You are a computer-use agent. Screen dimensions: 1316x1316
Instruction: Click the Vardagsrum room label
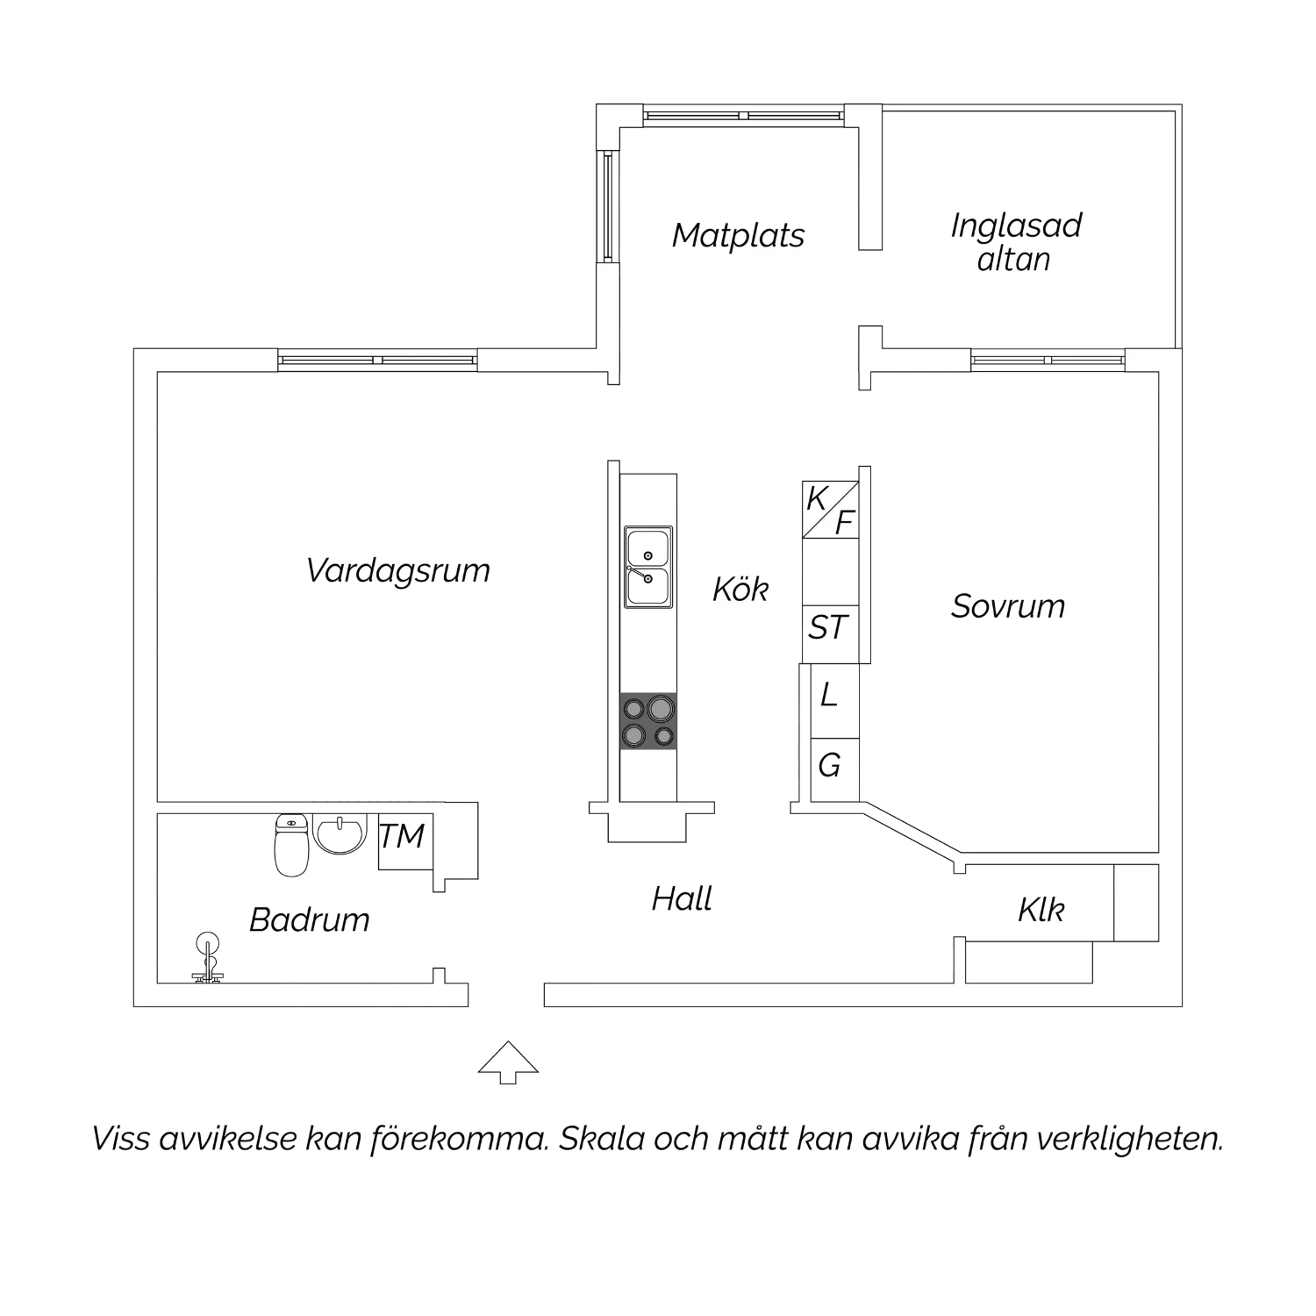pos(397,571)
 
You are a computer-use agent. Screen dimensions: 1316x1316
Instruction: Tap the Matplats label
pos(738,236)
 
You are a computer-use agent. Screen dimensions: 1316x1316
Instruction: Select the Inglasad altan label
pos(1016,242)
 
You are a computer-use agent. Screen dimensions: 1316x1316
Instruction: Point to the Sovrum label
pos(1008,606)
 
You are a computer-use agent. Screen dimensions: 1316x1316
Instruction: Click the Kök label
pos(740,589)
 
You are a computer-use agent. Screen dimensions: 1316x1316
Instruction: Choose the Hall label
pos(682,899)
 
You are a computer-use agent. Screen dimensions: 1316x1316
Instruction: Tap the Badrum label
pos(310,920)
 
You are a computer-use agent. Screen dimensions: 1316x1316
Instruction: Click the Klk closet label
pos(1041,910)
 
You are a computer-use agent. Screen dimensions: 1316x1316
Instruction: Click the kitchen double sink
pos(648,567)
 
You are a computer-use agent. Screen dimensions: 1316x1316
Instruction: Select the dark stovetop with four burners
pos(648,721)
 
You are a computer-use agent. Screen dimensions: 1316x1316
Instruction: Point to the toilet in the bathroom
pos(291,845)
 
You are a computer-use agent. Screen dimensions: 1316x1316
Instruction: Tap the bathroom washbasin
pos(340,833)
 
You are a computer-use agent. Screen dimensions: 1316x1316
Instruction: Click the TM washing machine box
pos(406,842)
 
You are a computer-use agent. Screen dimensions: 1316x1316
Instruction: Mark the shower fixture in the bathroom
pos(208,957)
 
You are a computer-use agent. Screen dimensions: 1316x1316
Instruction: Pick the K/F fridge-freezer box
pos(830,510)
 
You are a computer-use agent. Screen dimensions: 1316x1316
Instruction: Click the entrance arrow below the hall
pos(508,1062)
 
